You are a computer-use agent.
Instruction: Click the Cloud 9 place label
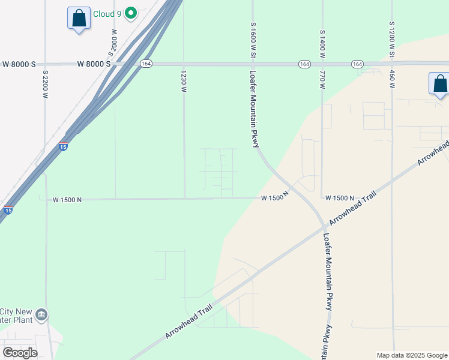(108, 13)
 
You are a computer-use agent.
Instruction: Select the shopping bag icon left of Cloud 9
(79, 18)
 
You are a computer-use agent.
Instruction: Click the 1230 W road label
(184, 81)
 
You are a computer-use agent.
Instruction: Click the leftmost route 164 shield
(146, 64)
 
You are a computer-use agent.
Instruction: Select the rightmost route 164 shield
(357, 64)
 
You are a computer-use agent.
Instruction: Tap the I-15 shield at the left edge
(8, 210)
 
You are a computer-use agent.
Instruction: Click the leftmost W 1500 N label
(67, 200)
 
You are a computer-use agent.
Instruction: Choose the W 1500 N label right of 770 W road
(340, 198)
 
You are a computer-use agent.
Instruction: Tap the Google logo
(20, 353)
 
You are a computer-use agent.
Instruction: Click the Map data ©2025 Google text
(411, 355)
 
